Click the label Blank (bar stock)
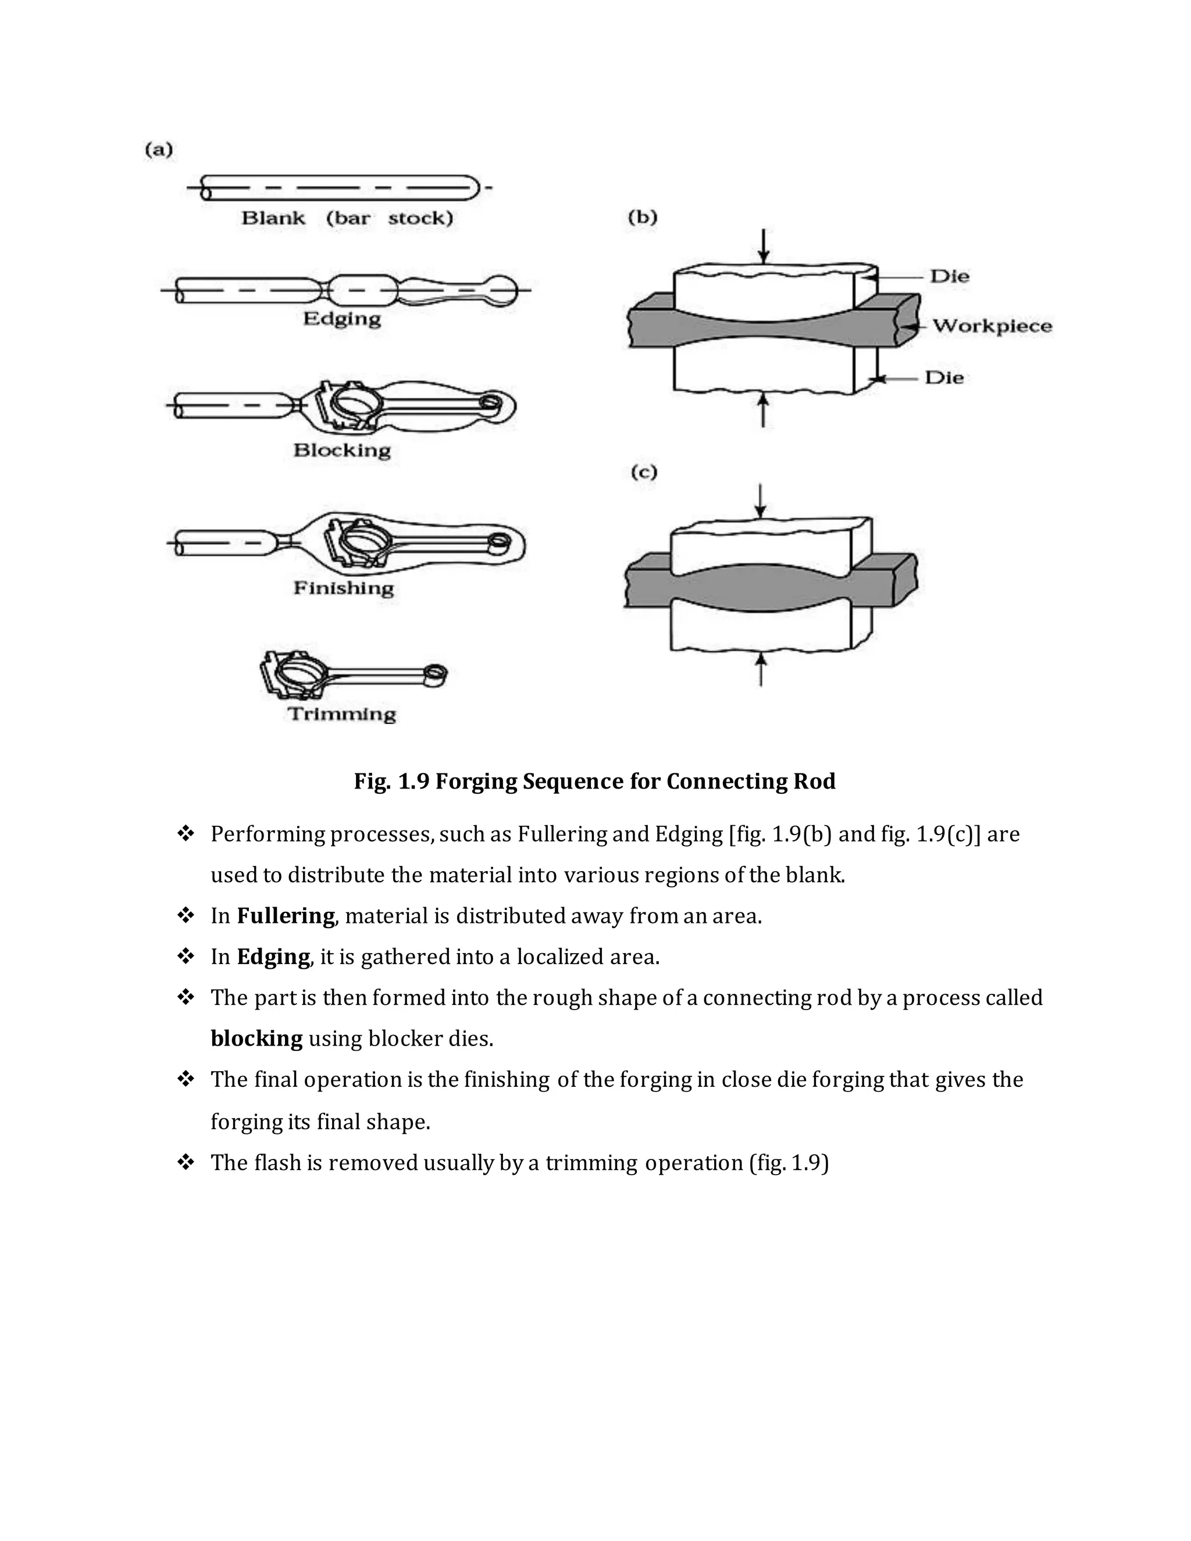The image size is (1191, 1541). (x=347, y=218)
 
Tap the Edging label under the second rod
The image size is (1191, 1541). (x=341, y=319)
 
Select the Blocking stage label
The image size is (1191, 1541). (x=341, y=450)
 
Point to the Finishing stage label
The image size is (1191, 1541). (x=344, y=588)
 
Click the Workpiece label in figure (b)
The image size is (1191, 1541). (x=992, y=326)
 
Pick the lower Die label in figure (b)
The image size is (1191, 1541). (x=944, y=377)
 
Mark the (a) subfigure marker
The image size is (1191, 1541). (x=159, y=149)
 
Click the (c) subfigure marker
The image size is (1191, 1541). (x=644, y=472)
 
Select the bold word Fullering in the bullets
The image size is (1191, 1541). (x=285, y=916)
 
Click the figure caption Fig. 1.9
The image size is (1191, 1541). (x=594, y=781)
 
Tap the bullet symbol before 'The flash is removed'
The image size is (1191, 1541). (x=186, y=1162)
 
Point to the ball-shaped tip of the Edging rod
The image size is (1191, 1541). (x=502, y=290)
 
